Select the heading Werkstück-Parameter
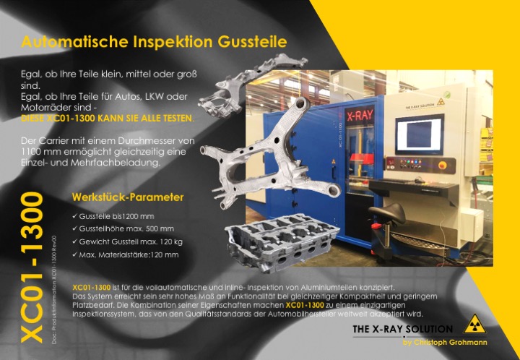pyautogui.click(x=128, y=197)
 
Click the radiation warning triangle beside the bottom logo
pyautogui.click(x=473, y=325)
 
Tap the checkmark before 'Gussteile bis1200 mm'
pyautogui.click(x=75, y=216)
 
